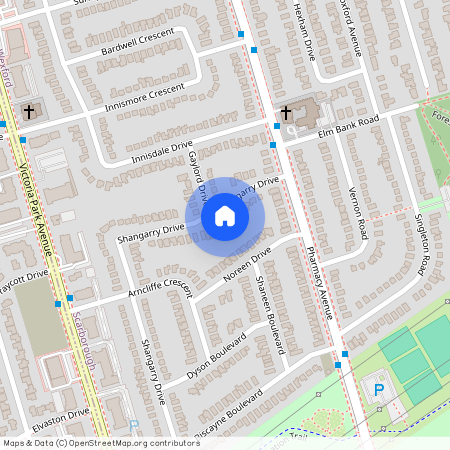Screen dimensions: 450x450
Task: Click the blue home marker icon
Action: [225, 216]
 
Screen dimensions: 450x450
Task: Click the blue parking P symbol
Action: [378, 388]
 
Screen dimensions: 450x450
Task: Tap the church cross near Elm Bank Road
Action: [286, 111]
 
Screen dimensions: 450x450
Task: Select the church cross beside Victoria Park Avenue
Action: [29, 110]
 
